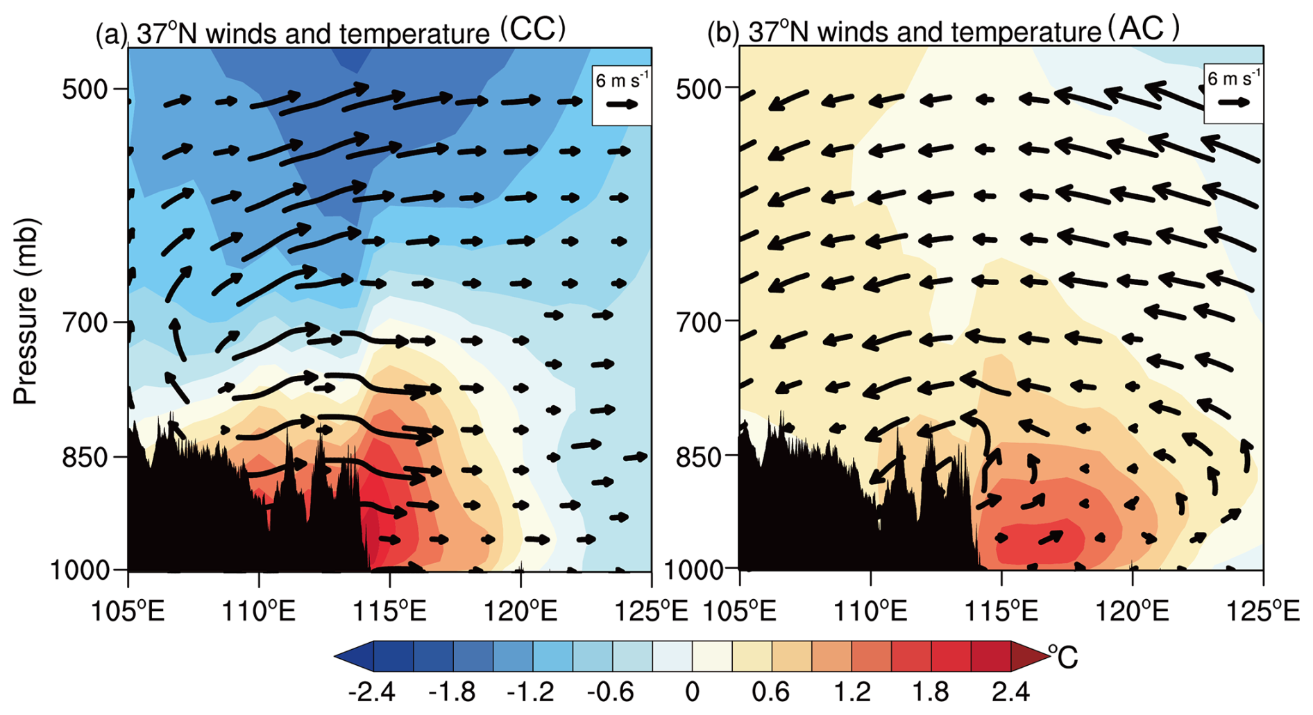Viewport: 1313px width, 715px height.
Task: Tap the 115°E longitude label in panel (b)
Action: [1002, 612]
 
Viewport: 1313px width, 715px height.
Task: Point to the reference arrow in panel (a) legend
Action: [622, 105]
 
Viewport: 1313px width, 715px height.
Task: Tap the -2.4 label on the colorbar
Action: [373, 691]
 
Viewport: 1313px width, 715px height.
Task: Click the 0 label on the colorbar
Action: [692, 691]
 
